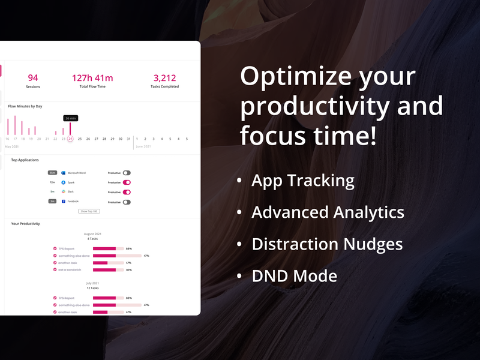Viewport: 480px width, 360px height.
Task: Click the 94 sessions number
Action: pyautogui.click(x=33, y=77)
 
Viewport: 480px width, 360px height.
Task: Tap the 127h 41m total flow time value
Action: pyautogui.click(x=92, y=77)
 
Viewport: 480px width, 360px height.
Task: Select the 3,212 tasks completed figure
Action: pyautogui.click(x=164, y=77)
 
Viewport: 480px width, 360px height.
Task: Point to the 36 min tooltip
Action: pyautogui.click(x=71, y=118)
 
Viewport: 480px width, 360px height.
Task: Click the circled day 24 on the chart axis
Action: pyautogui.click(x=70, y=139)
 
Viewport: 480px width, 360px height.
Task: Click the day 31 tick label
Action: pyautogui.click(x=128, y=139)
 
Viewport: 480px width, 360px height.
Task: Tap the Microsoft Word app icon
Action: pyautogui.click(x=63, y=173)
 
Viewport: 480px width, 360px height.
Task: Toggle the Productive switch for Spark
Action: pyautogui.click(x=127, y=182)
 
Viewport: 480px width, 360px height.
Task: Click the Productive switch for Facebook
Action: pyautogui.click(x=127, y=202)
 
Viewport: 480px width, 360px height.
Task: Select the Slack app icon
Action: pyautogui.click(x=63, y=192)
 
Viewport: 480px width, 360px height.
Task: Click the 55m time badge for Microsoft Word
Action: pyautogui.click(x=53, y=173)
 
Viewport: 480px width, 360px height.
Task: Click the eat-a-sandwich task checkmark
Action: pyautogui.click(x=55, y=269)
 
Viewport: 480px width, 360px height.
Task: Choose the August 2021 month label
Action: pyautogui.click(x=92, y=233)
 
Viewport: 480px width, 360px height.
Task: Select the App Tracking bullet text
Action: pyautogui.click(x=302, y=180)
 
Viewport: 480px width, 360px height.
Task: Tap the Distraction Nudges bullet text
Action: pyautogui.click(x=327, y=244)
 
